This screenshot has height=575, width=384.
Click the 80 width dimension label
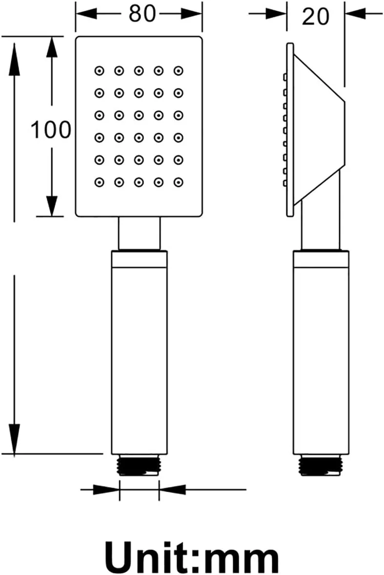pos(142,14)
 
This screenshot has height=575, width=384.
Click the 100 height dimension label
pos(51,129)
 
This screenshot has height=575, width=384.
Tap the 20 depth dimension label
pos(316,17)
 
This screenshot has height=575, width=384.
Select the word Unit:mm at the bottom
pos(192,559)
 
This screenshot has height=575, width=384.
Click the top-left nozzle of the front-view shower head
pos(100,71)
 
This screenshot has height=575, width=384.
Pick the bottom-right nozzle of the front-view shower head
pos(179,182)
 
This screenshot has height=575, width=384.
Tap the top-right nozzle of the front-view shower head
pos(179,71)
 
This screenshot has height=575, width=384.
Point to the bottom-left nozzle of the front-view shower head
pos(100,182)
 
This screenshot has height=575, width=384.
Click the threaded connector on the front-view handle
pos(139,465)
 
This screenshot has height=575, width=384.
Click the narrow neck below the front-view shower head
pos(139,234)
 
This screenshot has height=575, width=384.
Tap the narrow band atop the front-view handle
pos(139,259)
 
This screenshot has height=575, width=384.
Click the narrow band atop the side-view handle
pos(321,259)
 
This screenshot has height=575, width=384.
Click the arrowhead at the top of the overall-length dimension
pos(14,59)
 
